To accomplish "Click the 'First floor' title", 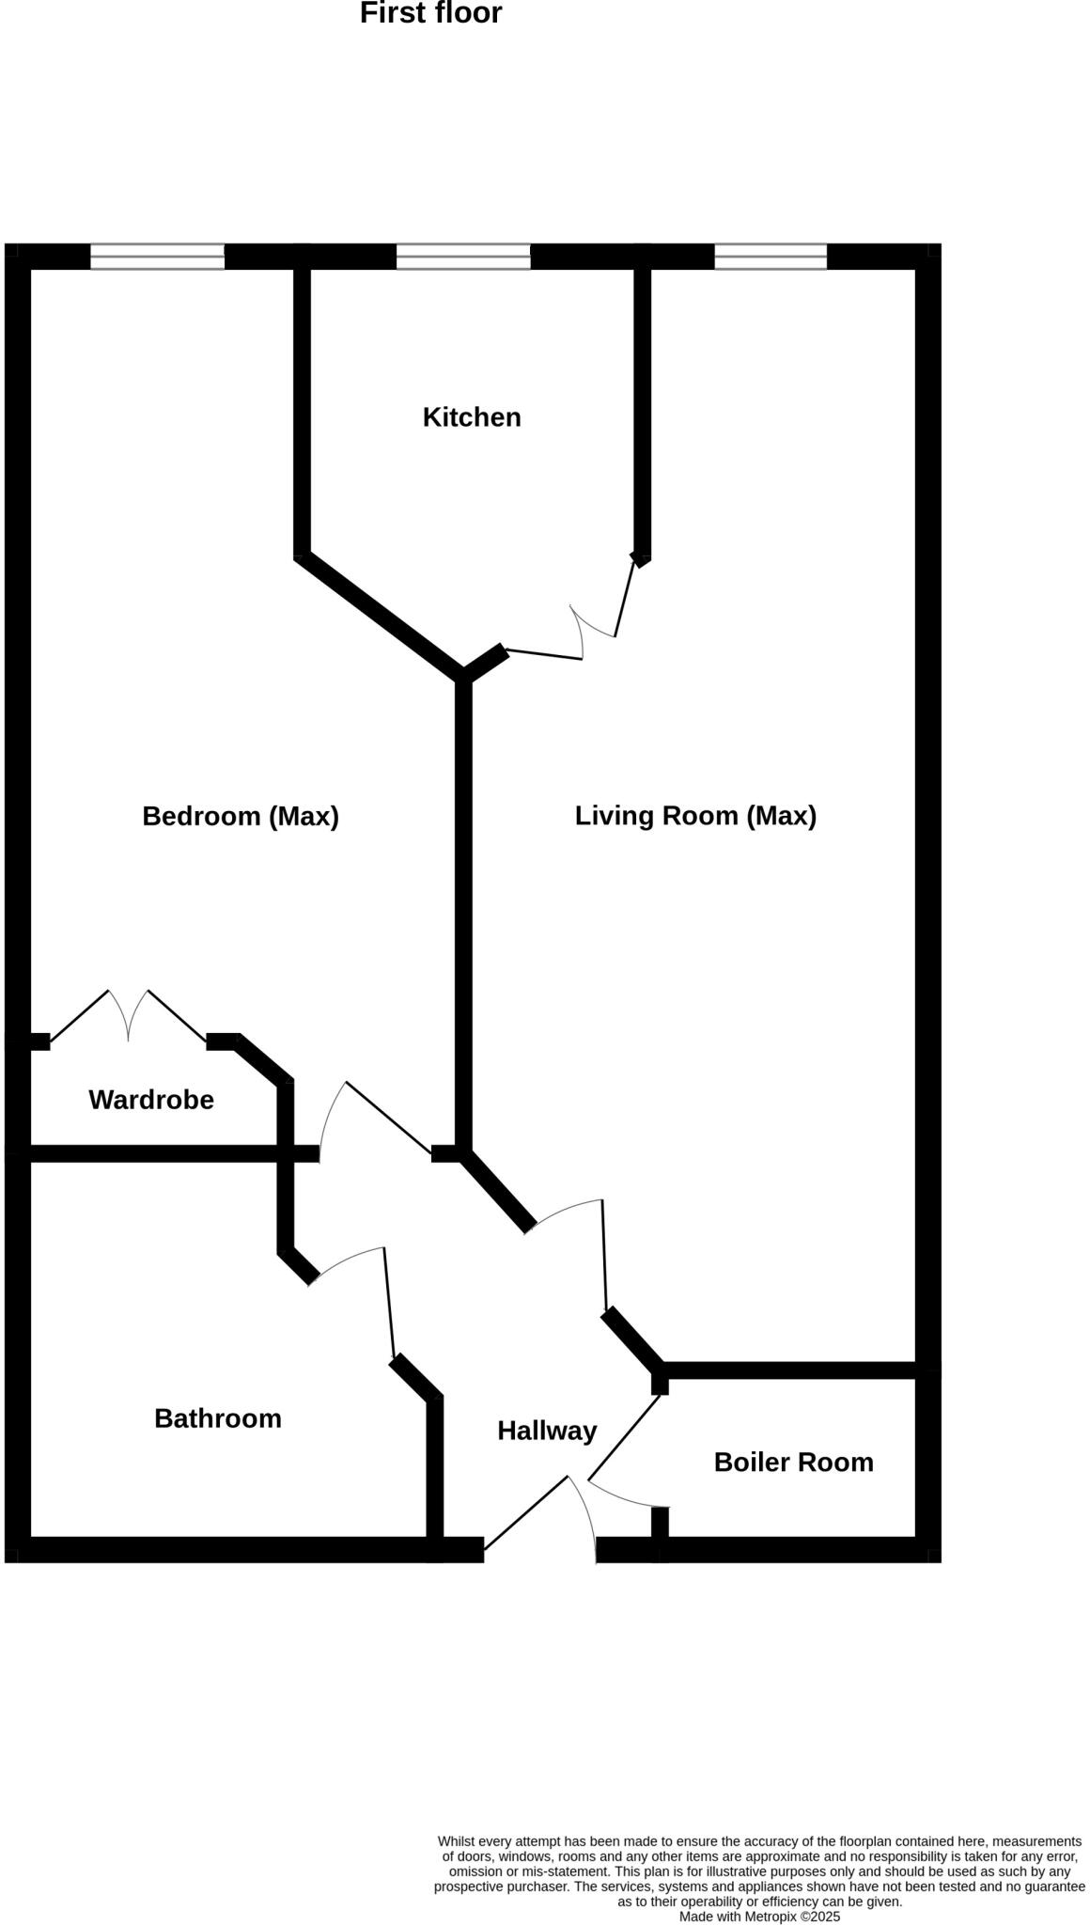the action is point(430,13).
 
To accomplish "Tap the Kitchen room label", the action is point(472,417).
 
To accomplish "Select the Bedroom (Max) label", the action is point(241,816).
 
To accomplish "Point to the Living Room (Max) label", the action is point(695,815).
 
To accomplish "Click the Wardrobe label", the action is point(151,1100).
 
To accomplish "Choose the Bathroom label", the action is point(218,1418).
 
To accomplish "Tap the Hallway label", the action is point(547,1431).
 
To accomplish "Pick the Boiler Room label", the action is point(794,1463).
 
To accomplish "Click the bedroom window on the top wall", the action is point(158,257).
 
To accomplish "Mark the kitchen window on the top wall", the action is point(463,257).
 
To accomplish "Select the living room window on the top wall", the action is point(771,257).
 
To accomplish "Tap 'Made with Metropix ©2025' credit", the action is point(759,1917).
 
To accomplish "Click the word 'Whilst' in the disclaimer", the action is point(457,1841).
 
